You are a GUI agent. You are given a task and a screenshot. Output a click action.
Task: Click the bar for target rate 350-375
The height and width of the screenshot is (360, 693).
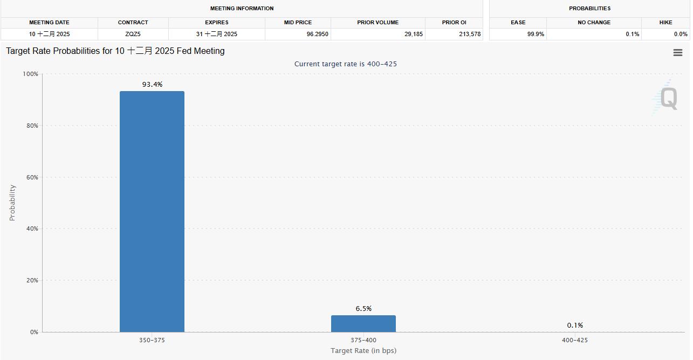pyautogui.click(x=152, y=211)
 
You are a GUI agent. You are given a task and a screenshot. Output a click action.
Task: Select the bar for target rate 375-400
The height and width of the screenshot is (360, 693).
pyautogui.click(x=363, y=323)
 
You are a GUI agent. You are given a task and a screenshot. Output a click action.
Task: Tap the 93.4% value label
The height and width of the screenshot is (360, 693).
pyautogui.click(x=152, y=85)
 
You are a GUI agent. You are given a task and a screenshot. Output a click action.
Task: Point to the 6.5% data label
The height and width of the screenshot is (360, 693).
pyautogui.click(x=363, y=309)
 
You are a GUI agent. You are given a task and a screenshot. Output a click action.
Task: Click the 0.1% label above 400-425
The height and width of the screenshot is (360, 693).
pyautogui.click(x=575, y=326)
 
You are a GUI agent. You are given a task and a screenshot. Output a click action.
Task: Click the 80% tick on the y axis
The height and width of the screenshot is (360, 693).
pyautogui.click(x=31, y=126)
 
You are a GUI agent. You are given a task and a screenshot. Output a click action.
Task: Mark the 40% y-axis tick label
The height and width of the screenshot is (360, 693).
pyautogui.click(x=31, y=229)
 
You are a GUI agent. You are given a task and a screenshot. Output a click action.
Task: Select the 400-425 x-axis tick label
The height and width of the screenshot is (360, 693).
pyautogui.click(x=575, y=340)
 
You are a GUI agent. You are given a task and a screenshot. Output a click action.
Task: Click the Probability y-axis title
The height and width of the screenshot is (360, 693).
pyautogui.click(x=12, y=203)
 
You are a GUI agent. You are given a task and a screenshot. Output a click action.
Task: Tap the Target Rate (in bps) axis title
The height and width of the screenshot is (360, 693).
pyautogui.click(x=363, y=351)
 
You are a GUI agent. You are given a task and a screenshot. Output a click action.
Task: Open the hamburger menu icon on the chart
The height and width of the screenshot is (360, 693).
pyautogui.click(x=678, y=52)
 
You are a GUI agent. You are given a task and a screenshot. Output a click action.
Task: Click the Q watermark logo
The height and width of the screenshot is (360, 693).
pyautogui.click(x=668, y=99)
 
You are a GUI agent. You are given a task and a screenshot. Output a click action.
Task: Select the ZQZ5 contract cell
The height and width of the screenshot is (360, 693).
pyautogui.click(x=133, y=34)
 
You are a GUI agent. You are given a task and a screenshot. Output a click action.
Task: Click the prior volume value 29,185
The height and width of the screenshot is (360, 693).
pyautogui.click(x=414, y=34)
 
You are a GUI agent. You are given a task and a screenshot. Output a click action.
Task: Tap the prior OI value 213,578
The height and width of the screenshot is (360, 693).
pyautogui.click(x=469, y=34)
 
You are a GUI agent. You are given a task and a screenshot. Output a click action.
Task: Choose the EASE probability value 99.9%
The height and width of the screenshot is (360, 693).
pyautogui.click(x=536, y=34)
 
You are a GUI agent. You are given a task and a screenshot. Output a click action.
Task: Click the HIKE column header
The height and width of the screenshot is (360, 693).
pyautogui.click(x=665, y=23)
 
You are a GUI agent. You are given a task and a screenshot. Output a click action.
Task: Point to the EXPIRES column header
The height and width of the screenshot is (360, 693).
pyautogui.click(x=216, y=23)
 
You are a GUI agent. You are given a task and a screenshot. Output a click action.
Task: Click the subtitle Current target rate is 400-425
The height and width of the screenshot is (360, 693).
pyautogui.click(x=346, y=64)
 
